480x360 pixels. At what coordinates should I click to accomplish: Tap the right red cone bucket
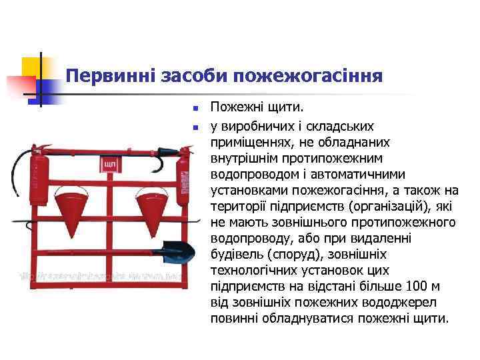tap(155, 203)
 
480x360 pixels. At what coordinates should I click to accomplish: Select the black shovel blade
tap(178, 251)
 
